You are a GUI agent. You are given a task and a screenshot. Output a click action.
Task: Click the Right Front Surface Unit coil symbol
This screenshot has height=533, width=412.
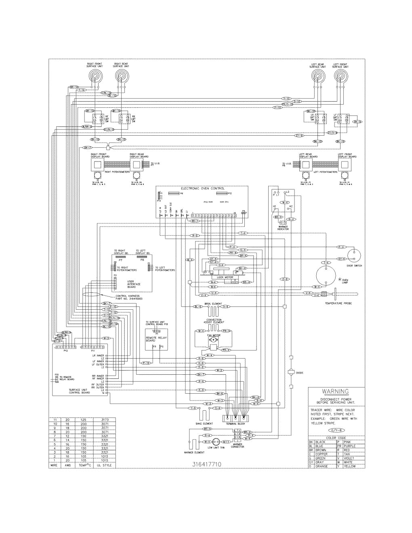click(95, 76)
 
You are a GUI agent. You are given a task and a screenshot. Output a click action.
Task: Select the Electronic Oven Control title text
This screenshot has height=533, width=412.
click(199, 189)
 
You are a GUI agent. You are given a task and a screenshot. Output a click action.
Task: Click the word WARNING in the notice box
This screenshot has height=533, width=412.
click(335, 391)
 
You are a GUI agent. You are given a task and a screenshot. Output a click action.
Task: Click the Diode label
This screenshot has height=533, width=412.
click(300, 373)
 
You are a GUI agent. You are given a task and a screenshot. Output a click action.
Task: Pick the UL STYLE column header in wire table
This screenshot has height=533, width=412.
click(104, 466)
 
